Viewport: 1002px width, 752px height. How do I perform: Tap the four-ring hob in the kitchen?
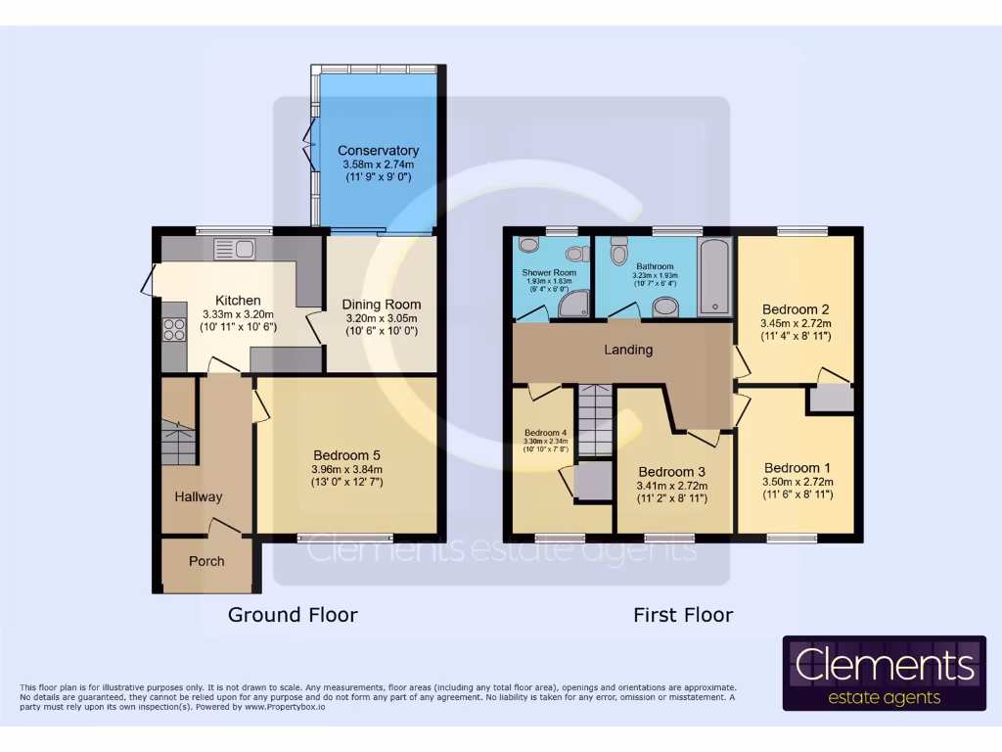[175, 329]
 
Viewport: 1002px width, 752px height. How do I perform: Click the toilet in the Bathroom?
[618, 255]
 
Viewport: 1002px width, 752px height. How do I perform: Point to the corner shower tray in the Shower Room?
[571, 306]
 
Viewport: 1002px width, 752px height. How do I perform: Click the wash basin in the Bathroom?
[665, 307]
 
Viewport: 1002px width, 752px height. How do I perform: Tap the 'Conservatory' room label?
[378, 151]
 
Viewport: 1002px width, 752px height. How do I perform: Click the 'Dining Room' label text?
[381, 304]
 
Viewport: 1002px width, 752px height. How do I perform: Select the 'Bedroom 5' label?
[346, 454]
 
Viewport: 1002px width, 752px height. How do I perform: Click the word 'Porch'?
[205, 561]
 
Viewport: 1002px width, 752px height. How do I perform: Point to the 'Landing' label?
[627, 350]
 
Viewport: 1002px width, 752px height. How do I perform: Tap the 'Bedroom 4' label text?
[545, 433]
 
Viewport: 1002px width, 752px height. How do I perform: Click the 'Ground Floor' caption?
[293, 615]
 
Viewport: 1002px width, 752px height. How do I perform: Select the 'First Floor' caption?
[683, 615]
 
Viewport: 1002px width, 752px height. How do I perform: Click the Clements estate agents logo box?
[884, 673]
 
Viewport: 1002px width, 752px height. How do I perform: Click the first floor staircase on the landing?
[594, 420]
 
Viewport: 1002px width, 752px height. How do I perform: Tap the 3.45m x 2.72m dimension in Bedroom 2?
[795, 323]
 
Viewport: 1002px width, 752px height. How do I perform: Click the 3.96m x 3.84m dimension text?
[346, 469]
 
